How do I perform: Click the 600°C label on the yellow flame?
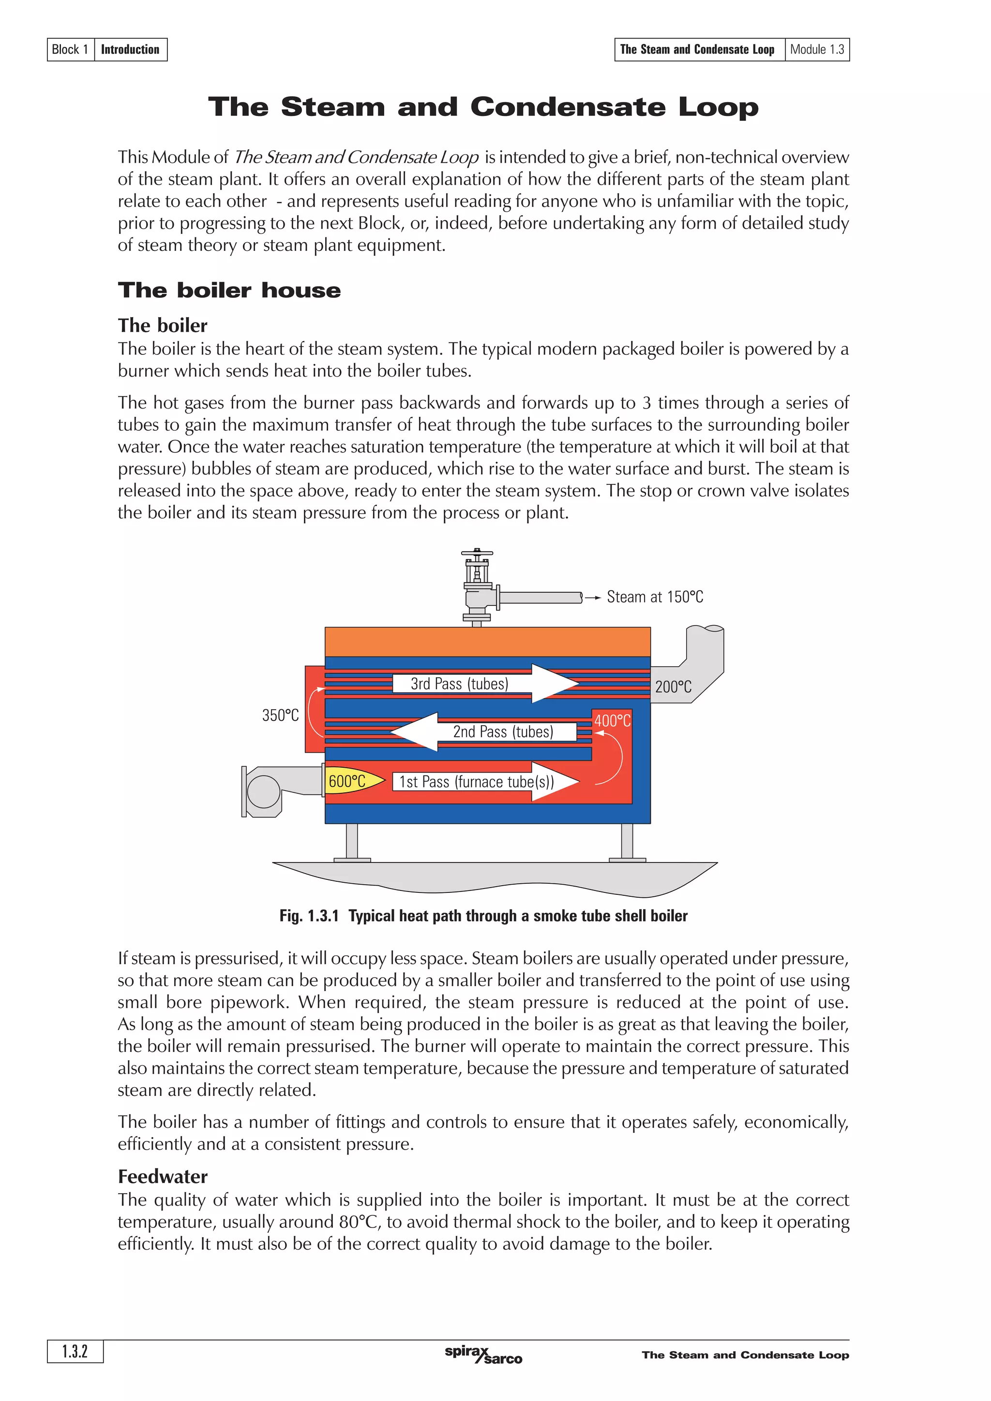(x=347, y=781)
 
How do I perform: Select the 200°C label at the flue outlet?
(x=673, y=687)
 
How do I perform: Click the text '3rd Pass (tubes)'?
(x=459, y=684)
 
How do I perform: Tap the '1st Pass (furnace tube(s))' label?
(x=476, y=782)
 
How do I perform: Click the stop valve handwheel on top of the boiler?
(x=477, y=554)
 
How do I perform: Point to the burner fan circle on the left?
(x=263, y=791)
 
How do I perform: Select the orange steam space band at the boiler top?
(x=487, y=642)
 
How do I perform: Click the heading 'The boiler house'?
(x=229, y=291)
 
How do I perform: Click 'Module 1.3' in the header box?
(x=816, y=49)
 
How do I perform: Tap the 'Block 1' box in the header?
(x=70, y=49)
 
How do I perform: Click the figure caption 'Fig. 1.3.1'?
(x=309, y=916)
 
